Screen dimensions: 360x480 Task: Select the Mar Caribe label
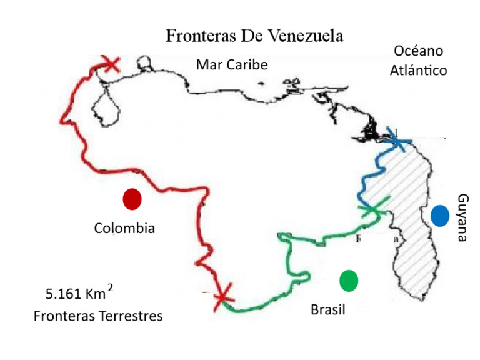click(x=231, y=64)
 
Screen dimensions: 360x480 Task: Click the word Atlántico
click(x=418, y=70)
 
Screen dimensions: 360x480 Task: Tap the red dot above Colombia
click(x=132, y=199)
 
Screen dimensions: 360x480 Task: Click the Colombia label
click(x=124, y=228)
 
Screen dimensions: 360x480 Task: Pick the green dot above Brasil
click(x=349, y=281)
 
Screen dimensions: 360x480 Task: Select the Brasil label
click(x=327, y=309)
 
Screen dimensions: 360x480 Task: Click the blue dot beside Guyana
click(x=439, y=216)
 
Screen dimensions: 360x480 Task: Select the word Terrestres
click(x=131, y=316)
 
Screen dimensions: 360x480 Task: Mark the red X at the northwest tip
click(x=111, y=64)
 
